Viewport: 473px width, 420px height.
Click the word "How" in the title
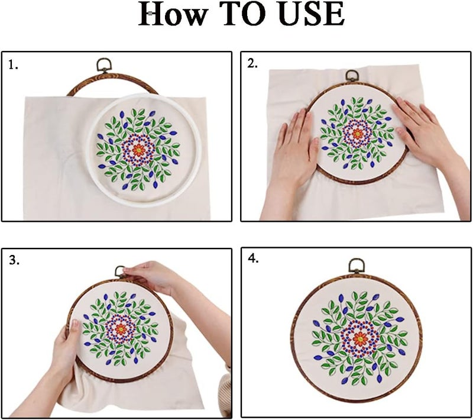172,15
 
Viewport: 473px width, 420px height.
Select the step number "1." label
13,65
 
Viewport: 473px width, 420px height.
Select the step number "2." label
252,64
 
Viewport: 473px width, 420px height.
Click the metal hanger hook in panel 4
356,266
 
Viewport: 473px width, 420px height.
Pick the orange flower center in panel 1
138,150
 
